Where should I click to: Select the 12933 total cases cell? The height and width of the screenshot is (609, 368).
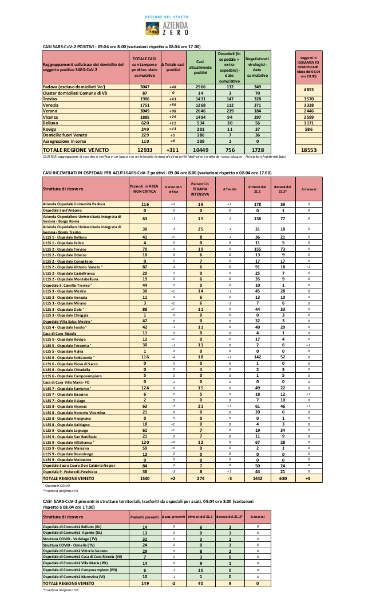(x=144, y=150)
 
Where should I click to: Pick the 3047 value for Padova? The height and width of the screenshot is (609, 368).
(x=144, y=86)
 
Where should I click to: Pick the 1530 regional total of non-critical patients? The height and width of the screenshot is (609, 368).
(x=145, y=477)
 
